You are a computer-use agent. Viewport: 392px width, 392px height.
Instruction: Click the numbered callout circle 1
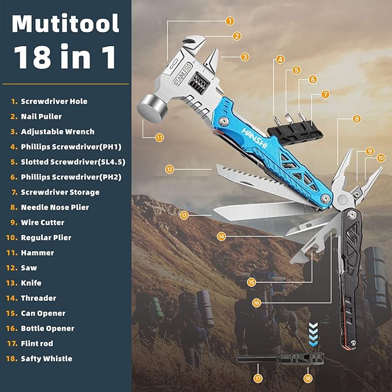(x=230, y=21)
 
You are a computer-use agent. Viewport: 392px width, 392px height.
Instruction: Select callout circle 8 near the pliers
(x=357, y=118)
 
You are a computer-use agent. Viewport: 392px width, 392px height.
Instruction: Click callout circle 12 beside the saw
(x=169, y=169)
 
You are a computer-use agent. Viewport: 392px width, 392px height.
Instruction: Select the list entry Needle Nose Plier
(x=55, y=207)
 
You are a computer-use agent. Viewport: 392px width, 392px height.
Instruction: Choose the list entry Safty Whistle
(x=46, y=359)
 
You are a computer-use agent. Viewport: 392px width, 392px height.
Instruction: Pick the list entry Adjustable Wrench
(x=57, y=132)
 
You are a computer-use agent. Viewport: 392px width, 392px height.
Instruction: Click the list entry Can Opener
(x=43, y=313)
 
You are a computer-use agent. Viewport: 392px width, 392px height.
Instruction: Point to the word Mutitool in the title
(x=65, y=24)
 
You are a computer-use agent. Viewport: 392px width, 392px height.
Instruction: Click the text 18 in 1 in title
(x=65, y=58)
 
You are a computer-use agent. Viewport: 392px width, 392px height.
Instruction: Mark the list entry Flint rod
(x=38, y=344)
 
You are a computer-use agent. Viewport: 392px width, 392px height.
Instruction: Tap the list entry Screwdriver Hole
(x=54, y=101)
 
